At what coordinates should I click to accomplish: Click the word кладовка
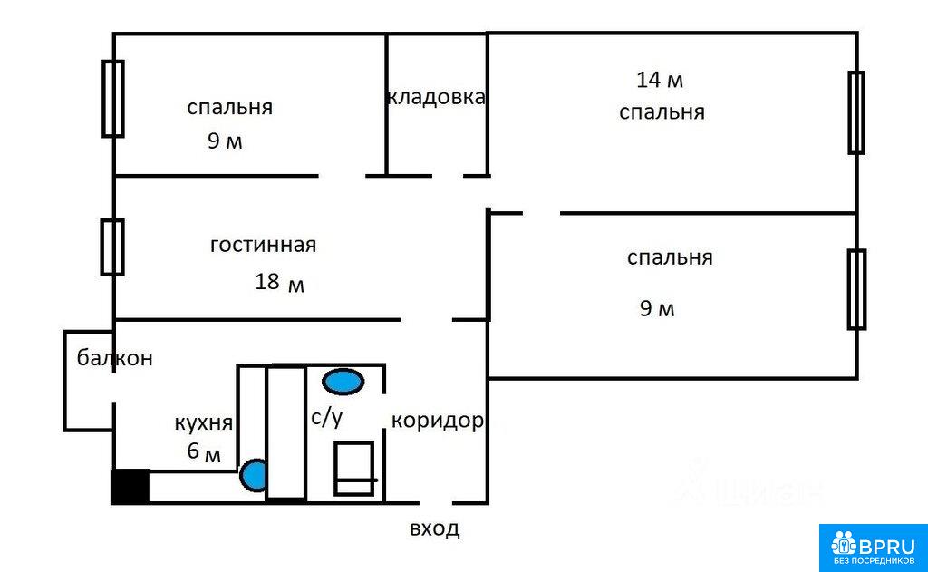click(x=436, y=97)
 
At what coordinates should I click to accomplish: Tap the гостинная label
click(x=264, y=245)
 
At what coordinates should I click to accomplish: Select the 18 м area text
click(x=279, y=282)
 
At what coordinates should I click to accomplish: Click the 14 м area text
click(x=660, y=80)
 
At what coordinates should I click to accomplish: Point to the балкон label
click(x=115, y=358)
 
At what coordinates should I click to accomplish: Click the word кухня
click(x=204, y=422)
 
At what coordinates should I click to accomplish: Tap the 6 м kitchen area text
click(x=204, y=451)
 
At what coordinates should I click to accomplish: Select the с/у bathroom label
click(x=326, y=417)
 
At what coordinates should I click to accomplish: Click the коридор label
click(x=438, y=421)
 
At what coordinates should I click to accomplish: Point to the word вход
click(x=435, y=528)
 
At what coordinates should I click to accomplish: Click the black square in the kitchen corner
click(x=130, y=487)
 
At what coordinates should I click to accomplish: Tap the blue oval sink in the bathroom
click(x=343, y=382)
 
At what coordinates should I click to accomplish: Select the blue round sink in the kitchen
click(x=254, y=475)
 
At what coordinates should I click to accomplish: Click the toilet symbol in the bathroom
click(x=354, y=469)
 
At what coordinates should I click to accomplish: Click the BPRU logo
click(x=873, y=548)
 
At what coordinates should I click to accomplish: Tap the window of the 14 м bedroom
click(x=856, y=112)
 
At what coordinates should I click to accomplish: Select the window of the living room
click(x=112, y=247)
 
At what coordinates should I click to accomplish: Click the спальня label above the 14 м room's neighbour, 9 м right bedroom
click(x=670, y=257)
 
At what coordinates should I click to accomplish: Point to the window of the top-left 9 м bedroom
click(x=113, y=99)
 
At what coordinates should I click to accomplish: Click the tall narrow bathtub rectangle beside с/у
click(x=285, y=432)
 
